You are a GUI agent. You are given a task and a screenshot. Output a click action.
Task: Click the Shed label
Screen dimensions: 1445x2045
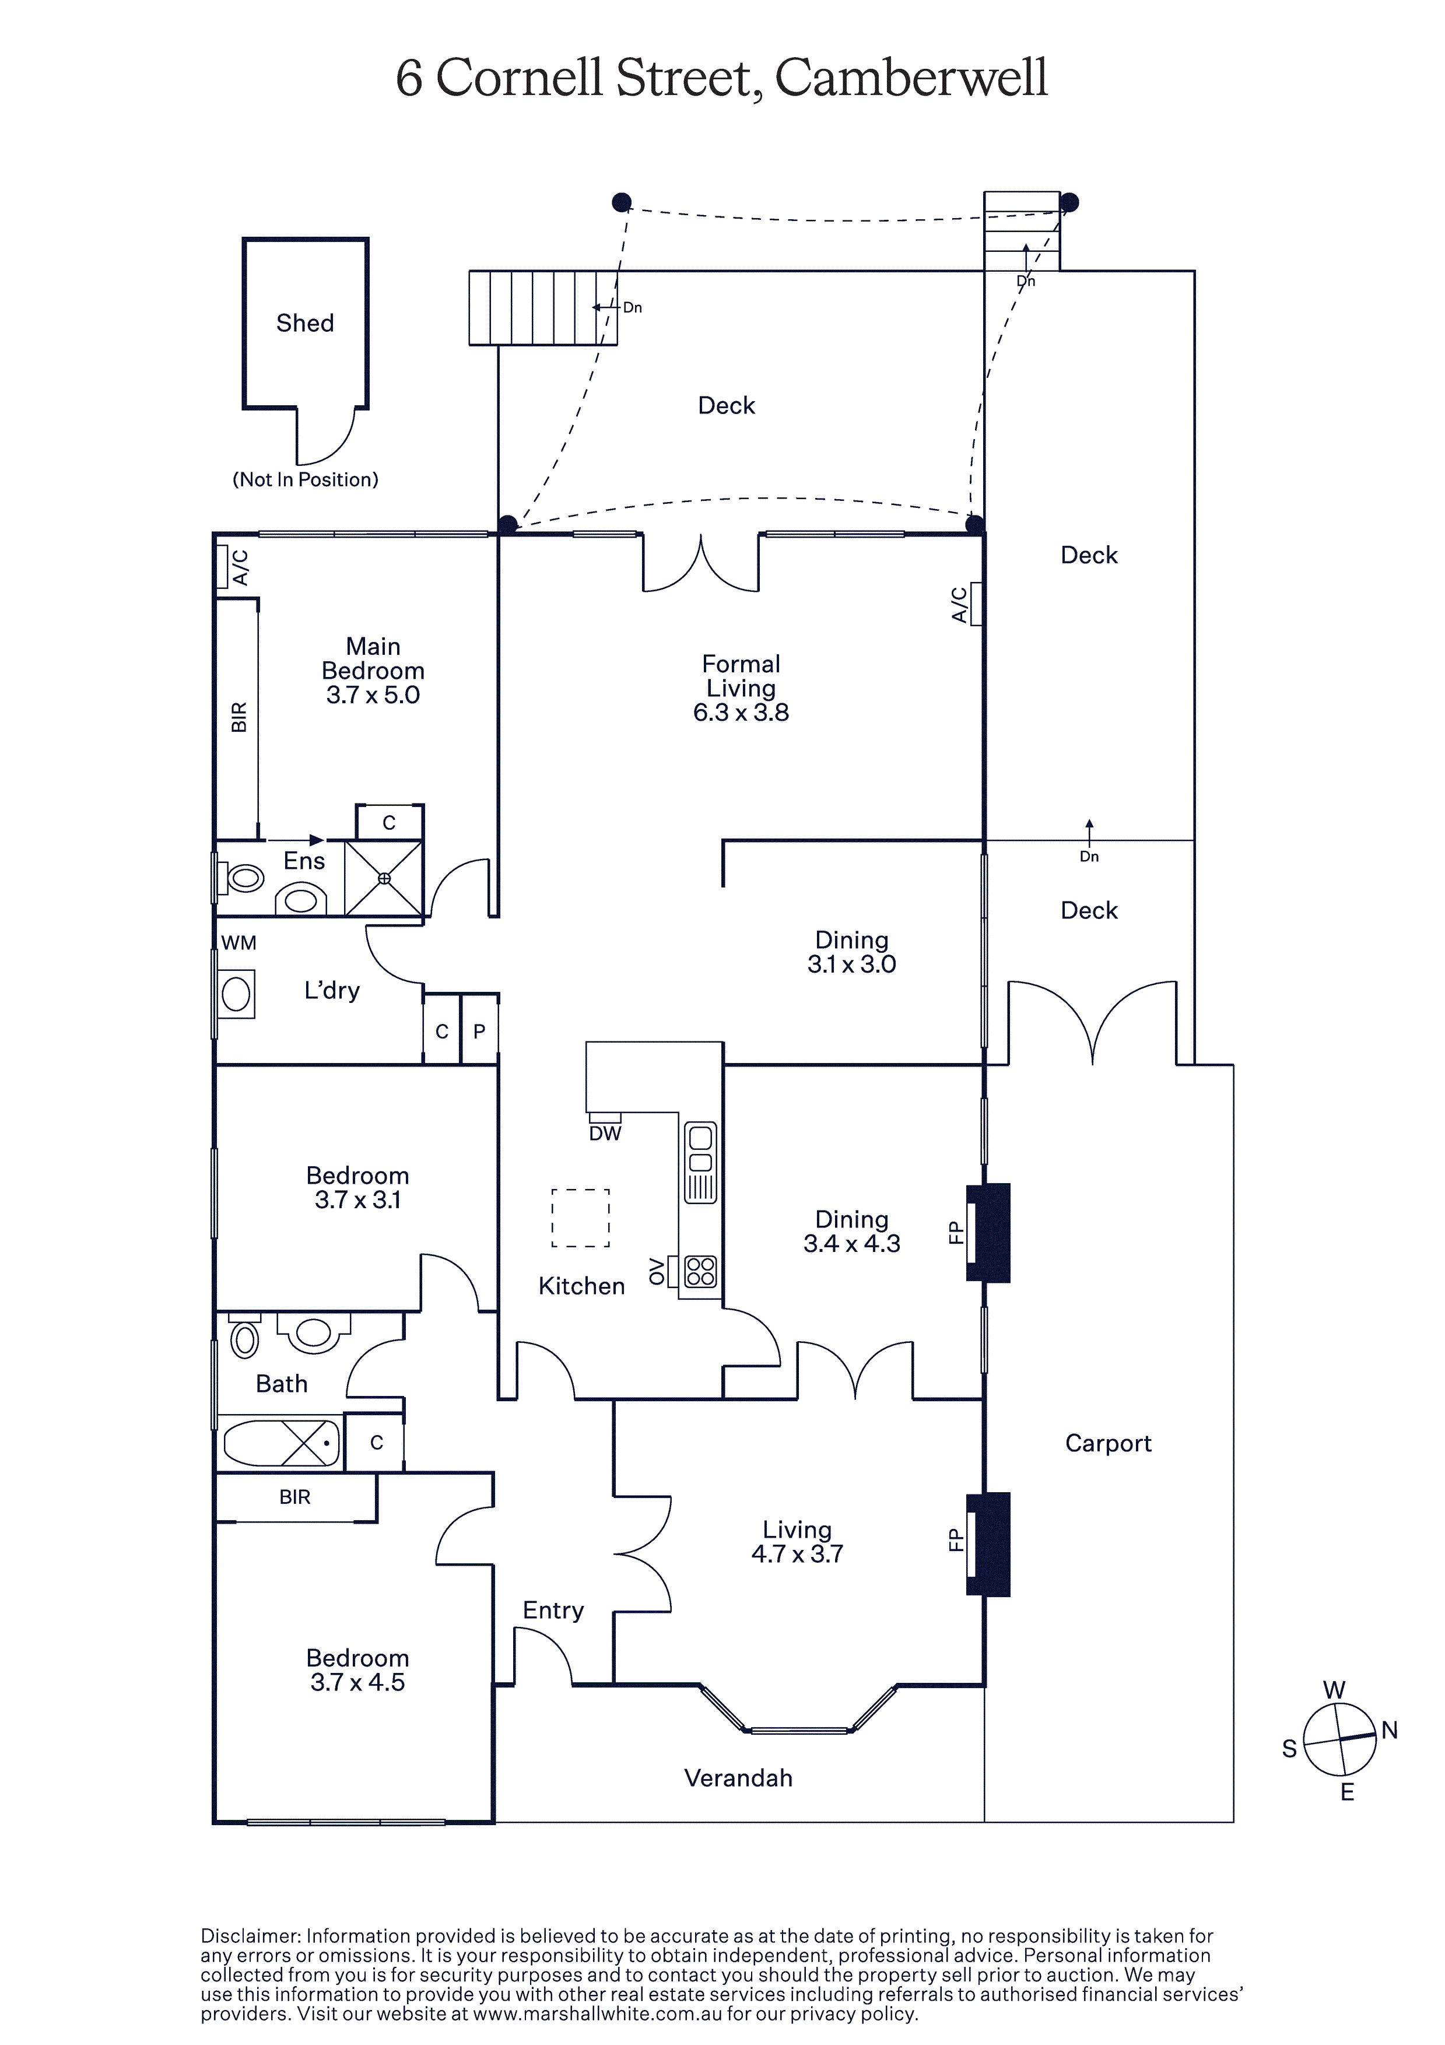pyautogui.click(x=304, y=322)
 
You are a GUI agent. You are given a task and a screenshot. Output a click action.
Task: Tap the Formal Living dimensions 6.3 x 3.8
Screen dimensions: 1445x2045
pyautogui.click(x=741, y=713)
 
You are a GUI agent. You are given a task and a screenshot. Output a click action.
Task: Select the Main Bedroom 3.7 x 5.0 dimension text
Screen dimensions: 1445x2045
pyautogui.click(x=373, y=694)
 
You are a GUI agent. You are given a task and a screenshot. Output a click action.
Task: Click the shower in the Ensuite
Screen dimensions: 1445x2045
pyautogui.click(x=384, y=878)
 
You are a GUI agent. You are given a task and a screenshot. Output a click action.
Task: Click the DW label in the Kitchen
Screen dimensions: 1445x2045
pyautogui.click(x=605, y=1134)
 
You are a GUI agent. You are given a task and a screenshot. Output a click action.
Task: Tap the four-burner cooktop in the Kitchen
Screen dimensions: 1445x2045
pyautogui.click(x=700, y=1271)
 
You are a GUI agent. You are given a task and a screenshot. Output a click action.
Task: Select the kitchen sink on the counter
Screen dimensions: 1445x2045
pyautogui.click(x=700, y=1162)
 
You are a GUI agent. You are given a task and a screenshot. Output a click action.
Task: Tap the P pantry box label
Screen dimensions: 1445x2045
pyautogui.click(x=479, y=1032)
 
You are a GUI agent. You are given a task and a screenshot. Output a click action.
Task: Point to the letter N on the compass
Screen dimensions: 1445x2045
pyautogui.click(x=1389, y=1731)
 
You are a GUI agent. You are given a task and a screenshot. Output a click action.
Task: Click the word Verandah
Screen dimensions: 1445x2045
pyautogui.click(x=738, y=1778)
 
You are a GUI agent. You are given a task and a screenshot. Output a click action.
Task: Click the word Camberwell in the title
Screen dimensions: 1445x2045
pyautogui.click(x=911, y=78)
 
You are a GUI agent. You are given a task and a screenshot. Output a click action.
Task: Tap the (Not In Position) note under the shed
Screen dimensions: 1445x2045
pyautogui.click(x=306, y=479)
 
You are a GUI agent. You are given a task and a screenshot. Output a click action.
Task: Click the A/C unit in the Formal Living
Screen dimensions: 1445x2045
pyautogui.click(x=976, y=604)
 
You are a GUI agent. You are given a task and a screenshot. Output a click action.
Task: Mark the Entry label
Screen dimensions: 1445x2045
pyautogui.click(x=553, y=1611)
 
